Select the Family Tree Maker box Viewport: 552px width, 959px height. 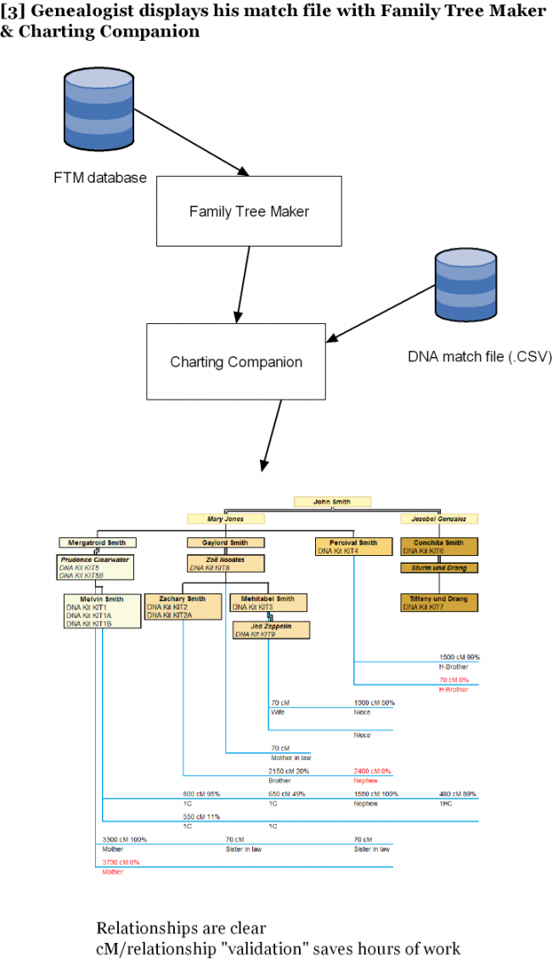point(249,211)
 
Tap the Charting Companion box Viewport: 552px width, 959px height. point(236,361)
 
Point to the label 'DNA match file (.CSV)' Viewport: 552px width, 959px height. point(480,357)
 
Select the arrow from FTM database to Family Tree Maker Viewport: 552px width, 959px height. point(191,138)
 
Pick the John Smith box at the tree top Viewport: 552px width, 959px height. point(333,502)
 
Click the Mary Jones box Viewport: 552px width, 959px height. point(226,519)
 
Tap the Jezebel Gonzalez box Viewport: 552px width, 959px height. point(439,519)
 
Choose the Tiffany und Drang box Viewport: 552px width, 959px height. point(439,603)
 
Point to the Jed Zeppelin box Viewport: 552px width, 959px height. point(272,630)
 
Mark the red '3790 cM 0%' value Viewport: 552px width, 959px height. point(120,862)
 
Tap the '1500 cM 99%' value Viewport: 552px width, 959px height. point(459,657)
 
